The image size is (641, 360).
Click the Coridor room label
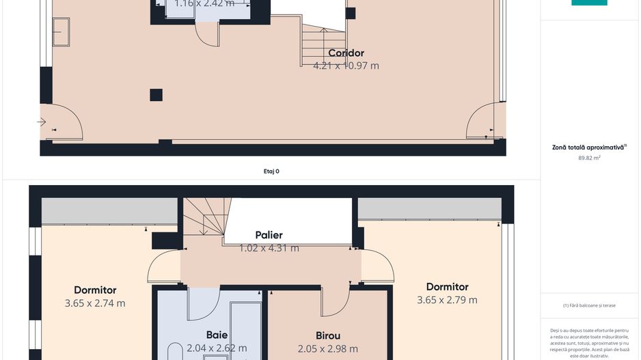(x=346, y=53)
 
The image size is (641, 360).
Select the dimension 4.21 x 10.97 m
(x=346, y=66)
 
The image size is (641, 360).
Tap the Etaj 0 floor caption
(x=271, y=171)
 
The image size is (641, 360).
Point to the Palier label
(x=269, y=236)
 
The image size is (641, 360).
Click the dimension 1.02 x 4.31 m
(x=269, y=249)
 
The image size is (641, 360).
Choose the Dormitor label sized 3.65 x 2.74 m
(x=95, y=290)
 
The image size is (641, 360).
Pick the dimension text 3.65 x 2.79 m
(x=447, y=300)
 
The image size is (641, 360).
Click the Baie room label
(x=217, y=335)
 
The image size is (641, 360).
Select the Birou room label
(x=327, y=336)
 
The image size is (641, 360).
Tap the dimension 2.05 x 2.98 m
(x=327, y=349)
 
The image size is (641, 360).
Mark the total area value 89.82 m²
(x=589, y=158)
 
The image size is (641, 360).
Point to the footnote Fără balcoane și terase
(x=589, y=305)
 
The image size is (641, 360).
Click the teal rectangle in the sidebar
(x=589, y=3)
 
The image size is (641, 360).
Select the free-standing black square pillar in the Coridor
(x=156, y=95)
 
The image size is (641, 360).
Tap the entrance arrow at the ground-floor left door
(x=42, y=122)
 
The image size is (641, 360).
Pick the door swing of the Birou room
(x=335, y=301)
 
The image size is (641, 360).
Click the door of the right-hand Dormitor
(x=378, y=266)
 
